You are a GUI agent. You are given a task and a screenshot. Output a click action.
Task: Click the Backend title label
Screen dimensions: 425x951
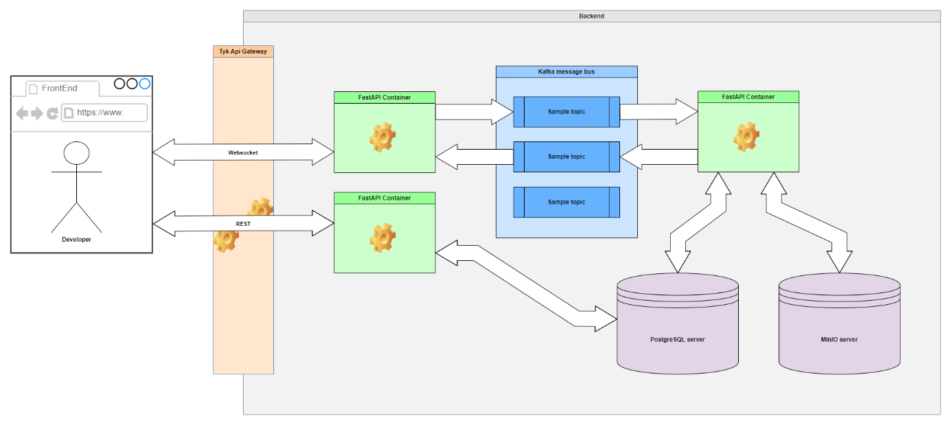[591, 16]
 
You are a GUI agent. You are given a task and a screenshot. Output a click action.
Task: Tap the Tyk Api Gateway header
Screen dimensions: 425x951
[243, 51]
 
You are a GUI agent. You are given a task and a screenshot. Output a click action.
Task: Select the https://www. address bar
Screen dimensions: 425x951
[104, 113]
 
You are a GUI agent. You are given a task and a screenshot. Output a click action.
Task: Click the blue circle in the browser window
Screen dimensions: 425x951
[144, 84]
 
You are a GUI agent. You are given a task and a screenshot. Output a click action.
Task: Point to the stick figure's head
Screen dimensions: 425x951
[76, 152]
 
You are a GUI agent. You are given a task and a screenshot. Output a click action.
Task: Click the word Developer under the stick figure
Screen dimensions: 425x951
[76, 240]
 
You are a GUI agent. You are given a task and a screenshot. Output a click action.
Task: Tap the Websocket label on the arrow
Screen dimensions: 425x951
[242, 152]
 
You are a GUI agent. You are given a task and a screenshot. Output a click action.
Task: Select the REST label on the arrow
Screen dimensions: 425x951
[242, 223]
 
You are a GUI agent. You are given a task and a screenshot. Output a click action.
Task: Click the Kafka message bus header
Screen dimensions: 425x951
[566, 71]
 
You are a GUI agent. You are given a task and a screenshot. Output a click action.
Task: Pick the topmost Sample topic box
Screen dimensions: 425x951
[566, 112]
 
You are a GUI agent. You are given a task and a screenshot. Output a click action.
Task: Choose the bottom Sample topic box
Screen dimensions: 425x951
[566, 203]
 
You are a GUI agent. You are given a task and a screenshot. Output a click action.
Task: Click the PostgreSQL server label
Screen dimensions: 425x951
[677, 340]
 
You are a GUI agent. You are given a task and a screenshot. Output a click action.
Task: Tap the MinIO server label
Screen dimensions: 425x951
[839, 340]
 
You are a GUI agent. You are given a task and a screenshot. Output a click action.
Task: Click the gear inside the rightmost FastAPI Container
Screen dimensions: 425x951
[746, 137]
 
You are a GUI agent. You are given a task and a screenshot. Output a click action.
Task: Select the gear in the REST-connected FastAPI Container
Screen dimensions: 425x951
[382, 238]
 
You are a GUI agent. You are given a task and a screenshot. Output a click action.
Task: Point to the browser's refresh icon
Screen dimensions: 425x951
[52, 113]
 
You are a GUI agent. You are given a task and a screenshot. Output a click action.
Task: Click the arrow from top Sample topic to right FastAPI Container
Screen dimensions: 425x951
[658, 111]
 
